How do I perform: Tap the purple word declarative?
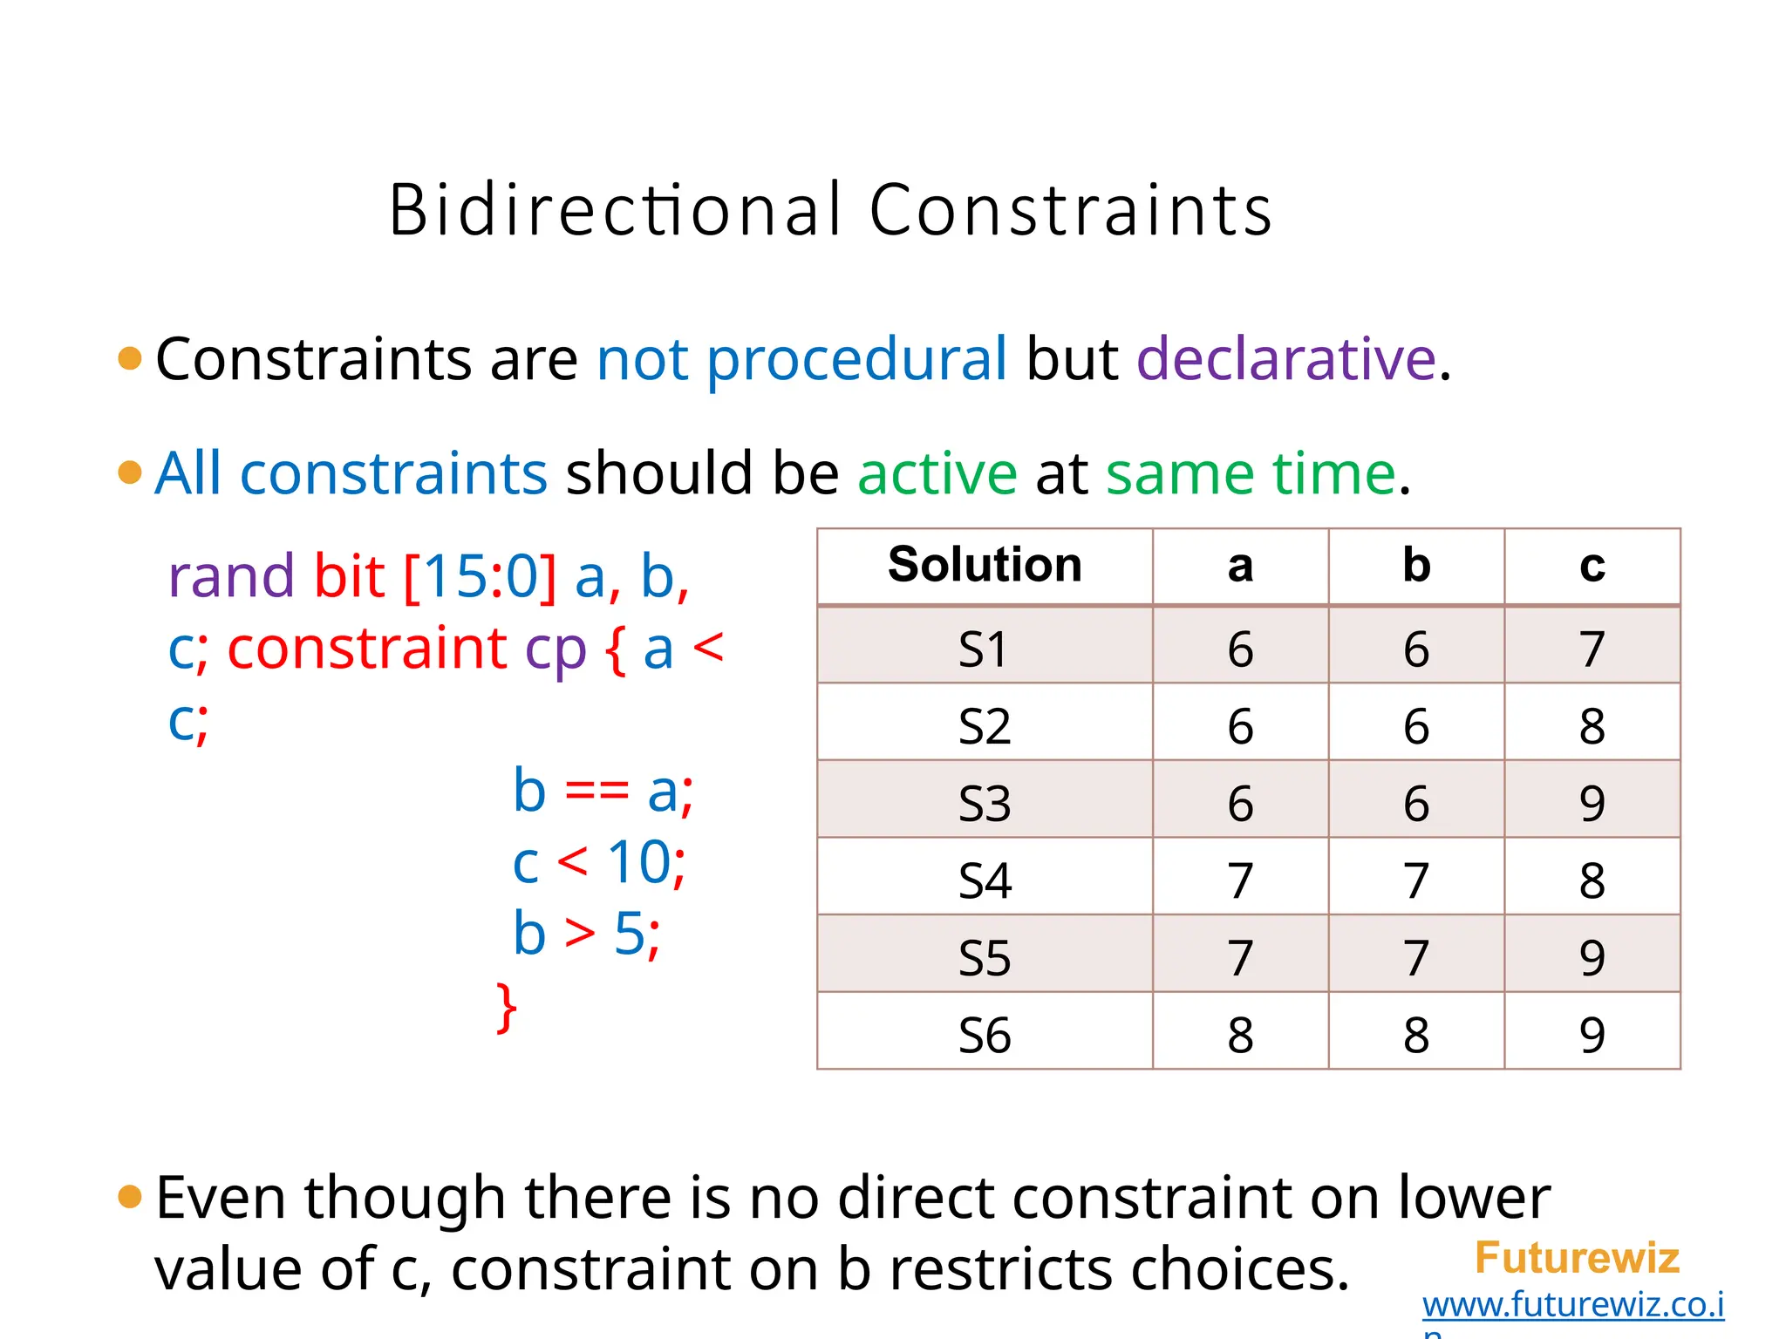click(1285, 358)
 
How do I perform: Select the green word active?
click(937, 473)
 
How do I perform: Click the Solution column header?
click(985, 565)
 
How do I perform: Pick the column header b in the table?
click(1416, 565)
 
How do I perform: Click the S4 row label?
click(985, 880)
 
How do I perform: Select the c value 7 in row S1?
click(1592, 649)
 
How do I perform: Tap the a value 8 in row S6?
click(1240, 1035)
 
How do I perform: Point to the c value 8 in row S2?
click(1592, 726)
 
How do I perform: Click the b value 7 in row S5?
click(1416, 957)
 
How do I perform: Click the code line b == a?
click(603, 792)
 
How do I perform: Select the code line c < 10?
click(599, 863)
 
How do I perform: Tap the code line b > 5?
click(586, 935)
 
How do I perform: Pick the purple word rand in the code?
click(231, 576)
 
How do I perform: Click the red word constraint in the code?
click(366, 649)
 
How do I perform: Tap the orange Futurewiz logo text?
click(1576, 1258)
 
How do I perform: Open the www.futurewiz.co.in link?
click(1572, 1305)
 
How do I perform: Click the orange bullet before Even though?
click(130, 1197)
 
